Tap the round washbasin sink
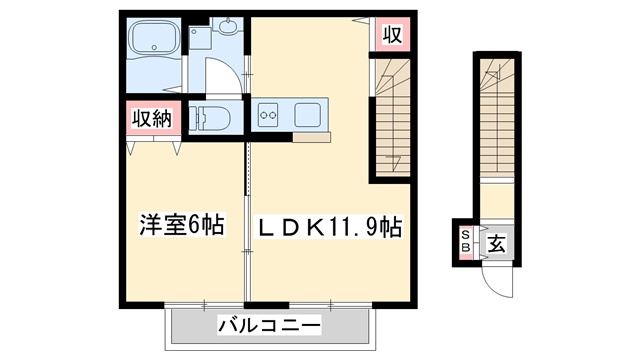tap(227, 27)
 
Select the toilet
tap(209, 117)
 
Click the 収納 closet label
tap(150, 119)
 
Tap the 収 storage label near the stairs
tap(392, 35)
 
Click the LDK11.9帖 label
tap(330, 227)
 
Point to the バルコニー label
tap(269, 326)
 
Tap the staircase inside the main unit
tap(393, 115)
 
